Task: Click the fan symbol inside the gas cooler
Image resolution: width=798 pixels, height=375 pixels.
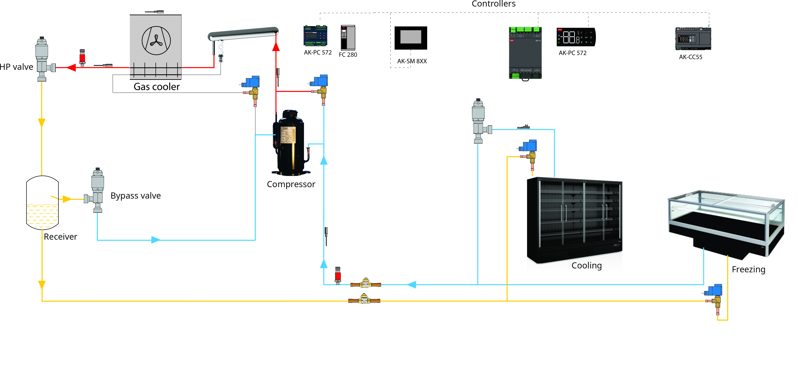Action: pyautogui.click(x=156, y=41)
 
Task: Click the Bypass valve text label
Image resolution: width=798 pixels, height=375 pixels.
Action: pyautogui.click(x=136, y=196)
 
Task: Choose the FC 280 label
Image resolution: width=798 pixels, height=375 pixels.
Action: pyautogui.click(x=348, y=55)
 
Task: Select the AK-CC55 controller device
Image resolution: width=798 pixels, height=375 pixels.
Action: pyautogui.click(x=693, y=39)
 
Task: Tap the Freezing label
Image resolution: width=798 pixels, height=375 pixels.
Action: pyautogui.click(x=748, y=269)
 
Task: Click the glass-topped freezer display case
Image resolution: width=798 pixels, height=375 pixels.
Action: pyautogui.click(x=726, y=223)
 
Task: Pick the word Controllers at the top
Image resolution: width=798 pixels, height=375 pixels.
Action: pyautogui.click(x=494, y=4)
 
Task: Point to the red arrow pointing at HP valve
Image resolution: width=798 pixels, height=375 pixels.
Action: pyautogui.click(x=71, y=68)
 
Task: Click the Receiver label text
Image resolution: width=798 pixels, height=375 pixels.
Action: pyautogui.click(x=60, y=237)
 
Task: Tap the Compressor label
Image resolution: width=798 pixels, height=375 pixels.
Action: pyautogui.click(x=291, y=184)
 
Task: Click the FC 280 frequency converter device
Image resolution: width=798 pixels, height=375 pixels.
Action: pyautogui.click(x=348, y=38)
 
